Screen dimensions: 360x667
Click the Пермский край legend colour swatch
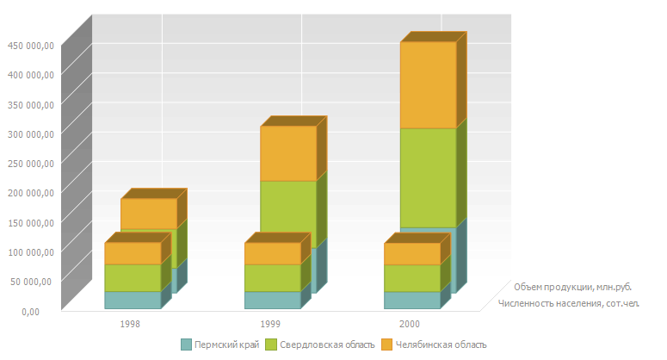click(186, 344)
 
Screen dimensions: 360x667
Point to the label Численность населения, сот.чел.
click(568, 303)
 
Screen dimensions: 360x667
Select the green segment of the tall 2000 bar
click(428, 177)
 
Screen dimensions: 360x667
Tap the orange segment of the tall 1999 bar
click(288, 152)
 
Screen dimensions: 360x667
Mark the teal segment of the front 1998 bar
click(133, 300)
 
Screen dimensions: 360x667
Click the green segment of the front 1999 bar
click(272, 277)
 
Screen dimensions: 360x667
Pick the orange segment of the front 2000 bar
click(411, 253)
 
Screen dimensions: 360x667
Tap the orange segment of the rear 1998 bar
click(149, 213)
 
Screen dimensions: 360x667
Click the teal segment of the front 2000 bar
click(411, 300)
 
